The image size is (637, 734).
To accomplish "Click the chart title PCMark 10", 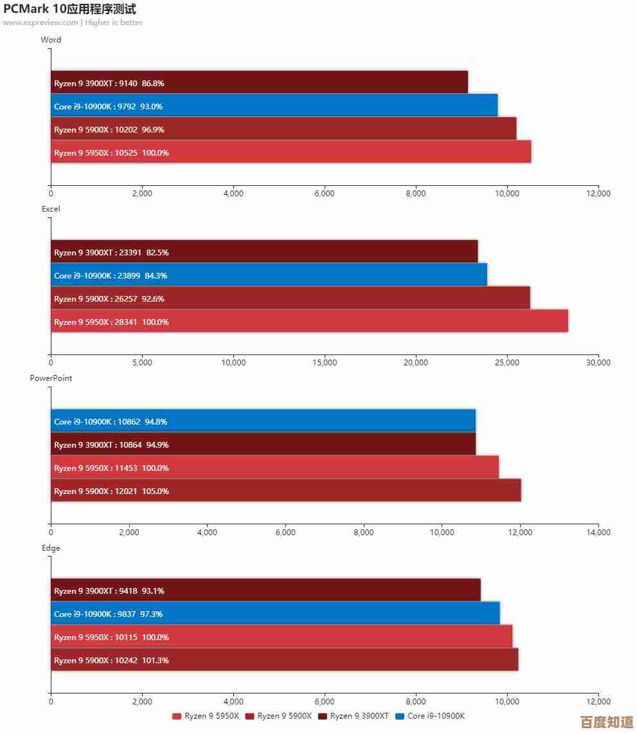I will click(x=69, y=9).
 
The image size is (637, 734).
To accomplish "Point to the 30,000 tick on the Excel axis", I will click(x=598, y=363).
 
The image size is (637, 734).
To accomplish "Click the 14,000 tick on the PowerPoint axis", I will click(x=598, y=532).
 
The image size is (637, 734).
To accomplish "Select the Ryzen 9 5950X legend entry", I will click(x=206, y=716).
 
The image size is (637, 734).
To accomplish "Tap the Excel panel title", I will click(x=51, y=209).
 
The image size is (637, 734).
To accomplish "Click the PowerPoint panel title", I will click(x=51, y=378).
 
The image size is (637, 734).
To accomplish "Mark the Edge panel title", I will click(x=51, y=548).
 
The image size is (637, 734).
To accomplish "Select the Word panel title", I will click(x=51, y=40).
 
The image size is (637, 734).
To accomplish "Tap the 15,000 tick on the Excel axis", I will click(x=324, y=363).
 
